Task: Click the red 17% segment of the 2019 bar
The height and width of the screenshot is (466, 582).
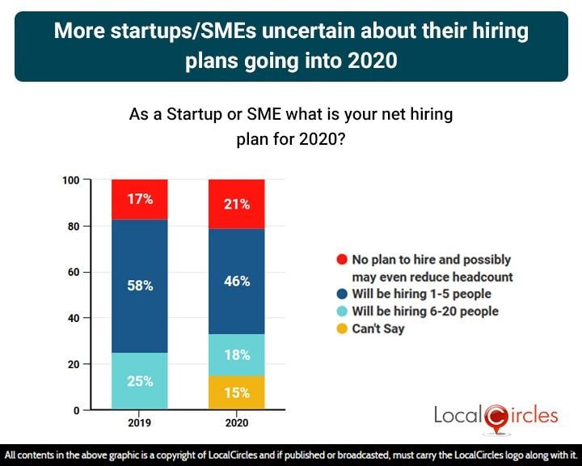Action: pyautogui.click(x=139, y=199)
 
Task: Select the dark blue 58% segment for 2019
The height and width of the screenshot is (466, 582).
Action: pyautogui.click(x=139, y=286)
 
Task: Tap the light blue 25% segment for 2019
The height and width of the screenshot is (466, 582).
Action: pyautogui.click(x=139, y=380)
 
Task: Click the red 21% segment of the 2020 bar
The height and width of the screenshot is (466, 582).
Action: pyautogui.click(x=236, y=204)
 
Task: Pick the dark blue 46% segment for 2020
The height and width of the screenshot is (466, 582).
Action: pyautogui.click(x=236, y=282)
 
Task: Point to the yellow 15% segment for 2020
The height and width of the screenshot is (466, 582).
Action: pyautogui.click(x=236, y=392)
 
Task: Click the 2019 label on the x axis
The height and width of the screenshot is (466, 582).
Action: pyautogui.click(x=139, y=422)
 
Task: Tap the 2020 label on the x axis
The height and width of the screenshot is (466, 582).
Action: pyautogui.click(x=236, y=422)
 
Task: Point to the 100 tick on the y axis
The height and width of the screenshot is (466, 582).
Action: pyautogui.click(x=71, y=180)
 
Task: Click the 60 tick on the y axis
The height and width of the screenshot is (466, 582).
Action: pyautogui.click(x=74, y=272)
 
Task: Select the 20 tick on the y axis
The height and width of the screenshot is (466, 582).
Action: pyautogui.click(x=74, y=364)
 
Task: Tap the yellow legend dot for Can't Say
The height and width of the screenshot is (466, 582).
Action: pyautogui.click(x=342, y=329)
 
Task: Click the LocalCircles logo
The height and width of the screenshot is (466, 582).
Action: pyautogui.click(x=496, y=416)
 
